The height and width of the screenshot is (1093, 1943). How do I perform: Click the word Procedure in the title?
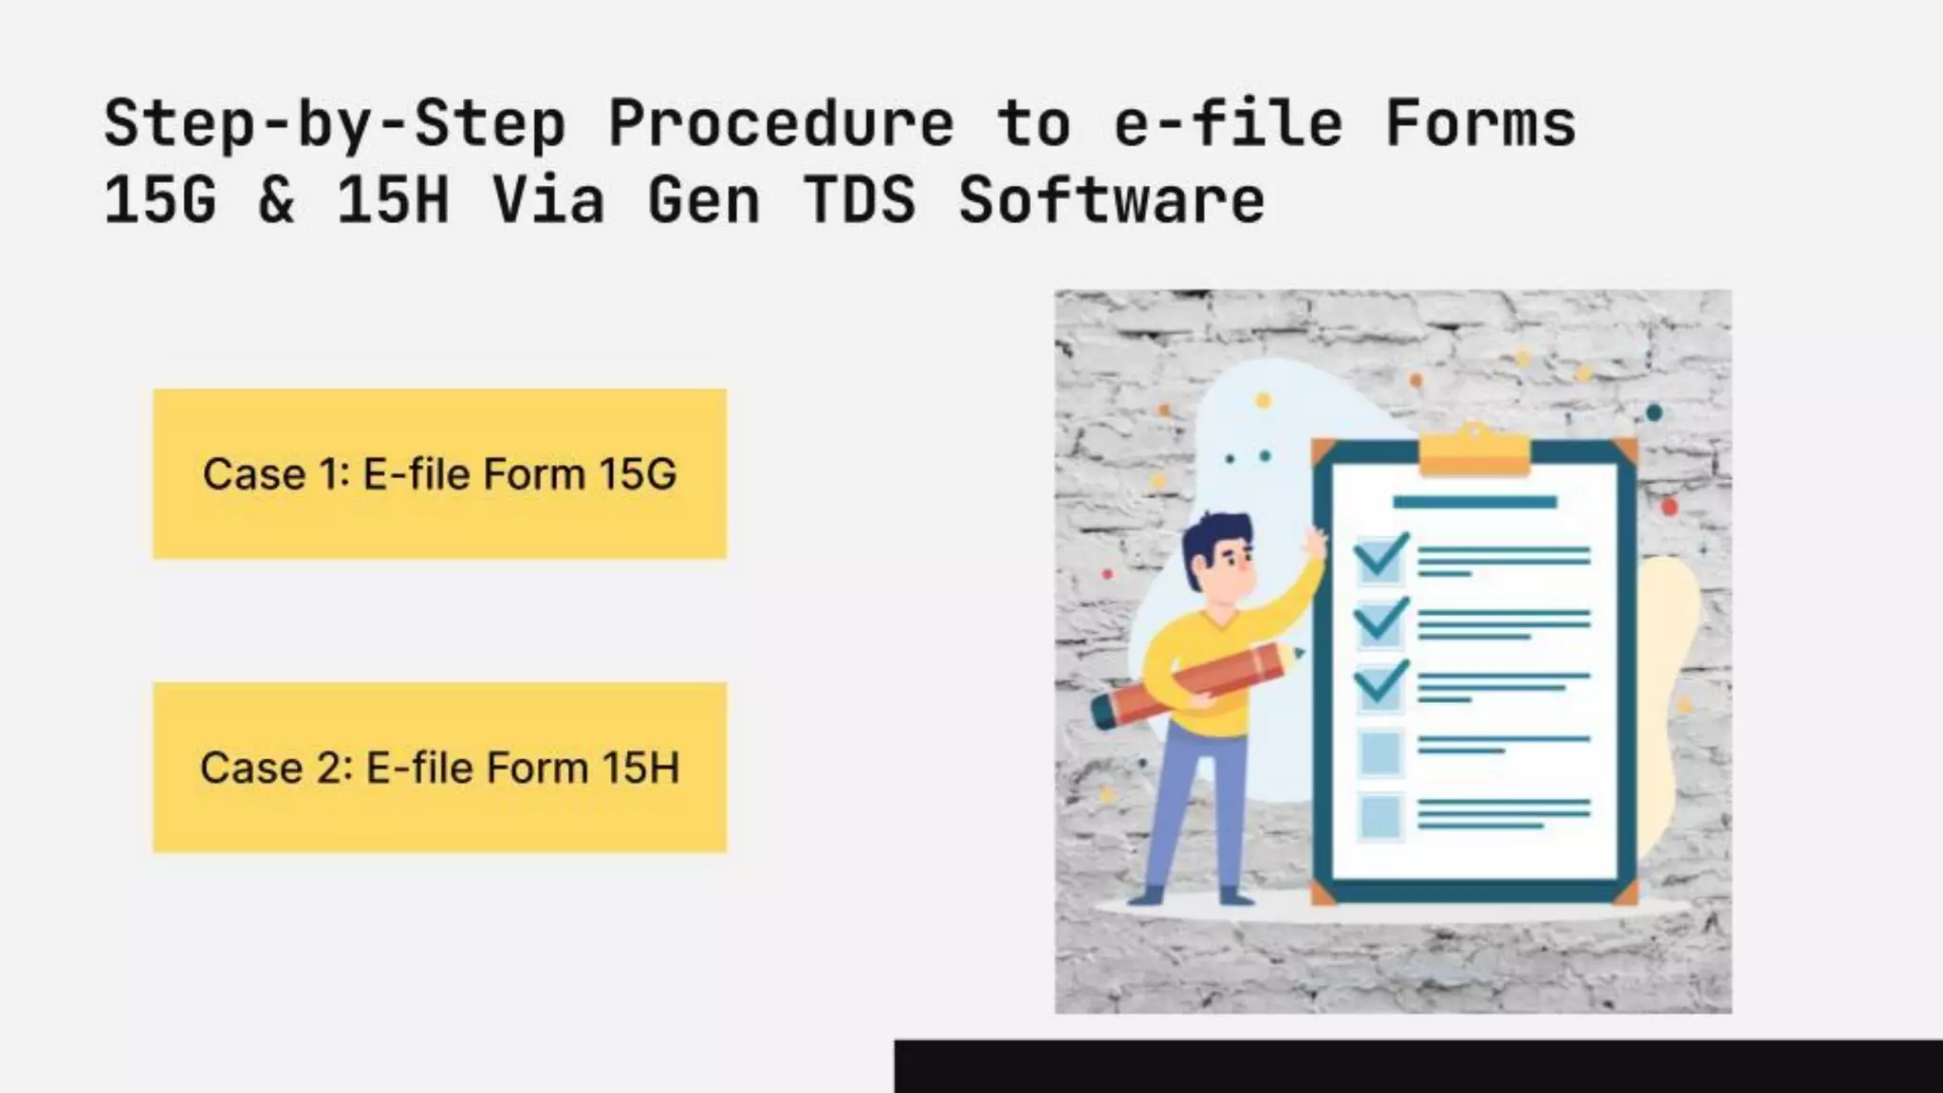tap(780, 124)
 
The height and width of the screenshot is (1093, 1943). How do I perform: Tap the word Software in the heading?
tap(1110, 200)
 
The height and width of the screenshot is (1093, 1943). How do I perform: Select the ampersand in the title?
tap(276, 200)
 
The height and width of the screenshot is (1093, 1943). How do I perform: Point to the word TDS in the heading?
tap(860, 200)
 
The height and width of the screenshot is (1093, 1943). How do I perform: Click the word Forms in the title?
tap(1480, 124)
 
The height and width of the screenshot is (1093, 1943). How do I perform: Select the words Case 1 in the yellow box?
tap(276, 474)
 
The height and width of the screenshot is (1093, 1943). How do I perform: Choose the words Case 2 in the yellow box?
tap(276, 768)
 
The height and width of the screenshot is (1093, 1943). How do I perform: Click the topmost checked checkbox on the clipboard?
tap(1379, 558)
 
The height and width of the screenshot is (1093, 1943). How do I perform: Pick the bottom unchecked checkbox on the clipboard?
tap(1379, 816)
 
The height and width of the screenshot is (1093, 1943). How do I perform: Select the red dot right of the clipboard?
tap(1670, 507)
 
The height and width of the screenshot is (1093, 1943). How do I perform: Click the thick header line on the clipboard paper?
tap(1474, 502)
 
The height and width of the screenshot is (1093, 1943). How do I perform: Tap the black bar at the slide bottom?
tap(1417, 1066)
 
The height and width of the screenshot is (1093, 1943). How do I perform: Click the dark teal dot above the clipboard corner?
tap(1654, 413)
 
